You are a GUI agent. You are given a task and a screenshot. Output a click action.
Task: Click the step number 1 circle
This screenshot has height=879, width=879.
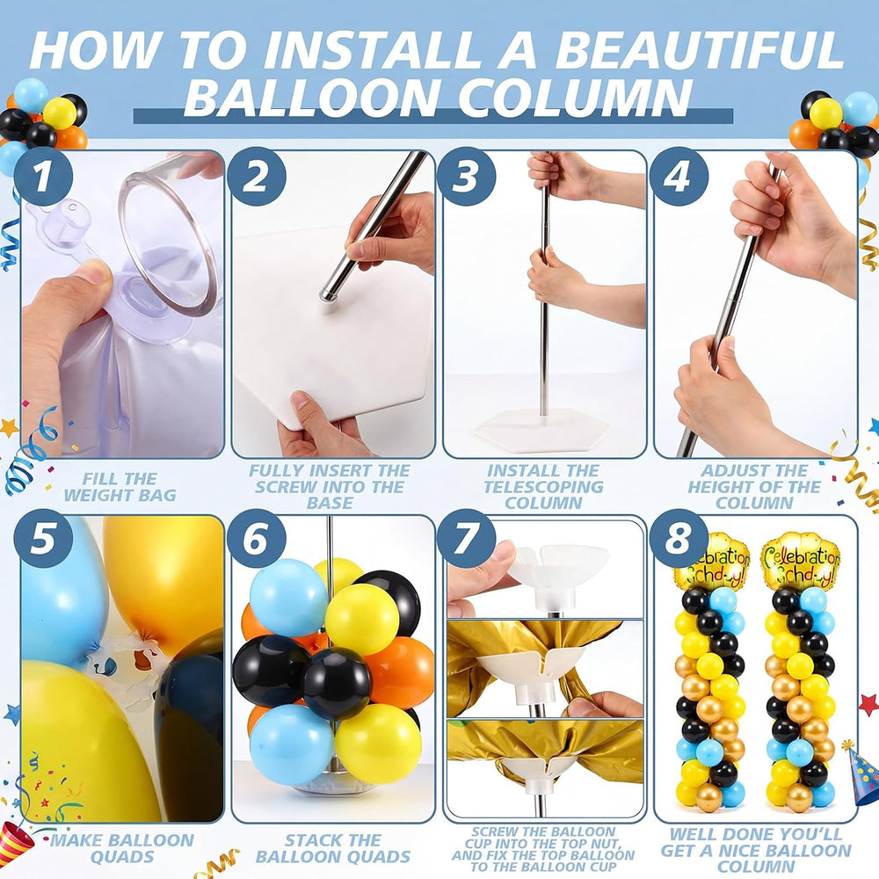click(x=43, y=177)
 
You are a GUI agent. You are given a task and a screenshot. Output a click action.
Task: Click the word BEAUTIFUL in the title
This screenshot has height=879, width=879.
click(x=699, y=50)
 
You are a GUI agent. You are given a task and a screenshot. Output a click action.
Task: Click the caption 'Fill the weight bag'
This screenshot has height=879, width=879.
click(x=120, y=487)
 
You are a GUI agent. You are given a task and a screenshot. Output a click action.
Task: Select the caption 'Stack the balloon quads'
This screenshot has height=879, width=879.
click(x=333, y=848)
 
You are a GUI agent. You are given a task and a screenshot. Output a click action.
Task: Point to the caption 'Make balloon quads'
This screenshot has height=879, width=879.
click(x=121, y=848)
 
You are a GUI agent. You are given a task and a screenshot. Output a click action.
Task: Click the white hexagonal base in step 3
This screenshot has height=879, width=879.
click(x=541, y=429)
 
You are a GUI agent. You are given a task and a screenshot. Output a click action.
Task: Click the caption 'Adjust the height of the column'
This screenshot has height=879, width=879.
click(x=754, y=487)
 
